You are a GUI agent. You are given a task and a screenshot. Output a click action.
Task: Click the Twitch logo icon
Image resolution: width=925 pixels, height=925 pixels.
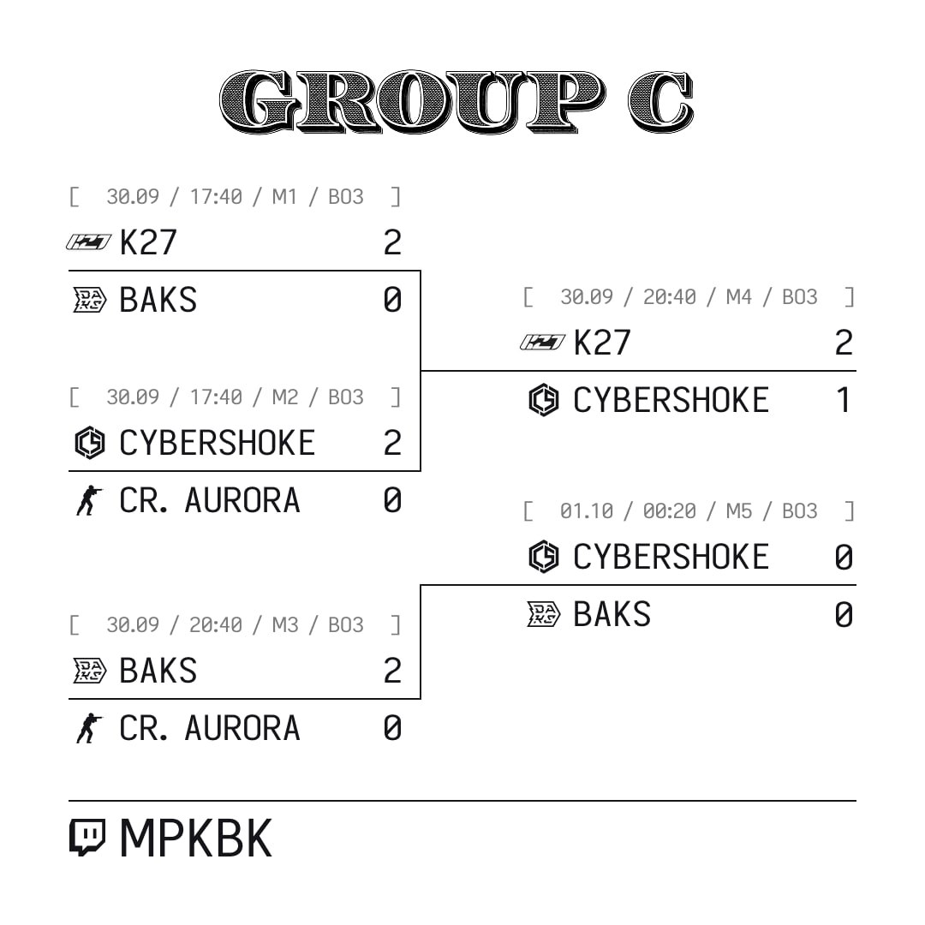point(87,837)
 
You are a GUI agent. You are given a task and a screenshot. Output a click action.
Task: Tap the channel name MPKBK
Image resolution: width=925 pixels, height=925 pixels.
point(196,838)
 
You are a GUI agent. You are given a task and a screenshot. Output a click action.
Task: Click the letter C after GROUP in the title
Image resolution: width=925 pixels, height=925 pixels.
point(660,101)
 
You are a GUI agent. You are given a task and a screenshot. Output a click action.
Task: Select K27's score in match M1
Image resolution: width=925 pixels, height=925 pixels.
point(392,242)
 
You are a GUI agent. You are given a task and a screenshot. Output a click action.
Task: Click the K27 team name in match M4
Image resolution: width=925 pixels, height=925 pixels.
point(602,343)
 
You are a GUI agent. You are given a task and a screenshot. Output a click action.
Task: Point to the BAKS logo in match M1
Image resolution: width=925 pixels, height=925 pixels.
point(89,300)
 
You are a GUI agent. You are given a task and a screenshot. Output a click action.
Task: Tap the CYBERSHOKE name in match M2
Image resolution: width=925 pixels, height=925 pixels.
point(217,443)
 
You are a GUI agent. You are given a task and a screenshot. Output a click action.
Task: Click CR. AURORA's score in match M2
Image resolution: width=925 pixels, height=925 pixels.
point(392,500)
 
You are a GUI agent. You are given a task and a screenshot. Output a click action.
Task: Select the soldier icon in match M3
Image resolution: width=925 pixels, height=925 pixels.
point(89,728)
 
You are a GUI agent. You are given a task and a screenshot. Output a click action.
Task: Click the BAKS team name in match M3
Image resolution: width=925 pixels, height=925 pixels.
point(158,671)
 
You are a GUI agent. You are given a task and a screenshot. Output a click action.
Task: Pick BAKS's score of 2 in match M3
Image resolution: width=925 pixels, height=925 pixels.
point(392,671)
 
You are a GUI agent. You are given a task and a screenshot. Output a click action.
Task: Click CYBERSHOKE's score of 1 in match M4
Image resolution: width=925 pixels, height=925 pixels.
point(844,400)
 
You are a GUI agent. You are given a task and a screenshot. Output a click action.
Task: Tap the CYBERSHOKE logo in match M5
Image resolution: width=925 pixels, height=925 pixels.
point(543,557)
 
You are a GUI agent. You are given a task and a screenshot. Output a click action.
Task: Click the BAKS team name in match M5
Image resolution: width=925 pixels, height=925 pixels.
point(612,614)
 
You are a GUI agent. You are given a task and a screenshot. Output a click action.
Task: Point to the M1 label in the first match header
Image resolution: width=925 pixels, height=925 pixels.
point(284,196)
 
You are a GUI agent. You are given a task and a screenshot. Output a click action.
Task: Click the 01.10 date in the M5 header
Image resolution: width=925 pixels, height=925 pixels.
point(587,510)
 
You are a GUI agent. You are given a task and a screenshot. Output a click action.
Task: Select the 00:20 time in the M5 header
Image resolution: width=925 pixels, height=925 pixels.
point(670,510)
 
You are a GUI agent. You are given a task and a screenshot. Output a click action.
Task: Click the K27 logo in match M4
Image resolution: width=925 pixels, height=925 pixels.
point(542,342)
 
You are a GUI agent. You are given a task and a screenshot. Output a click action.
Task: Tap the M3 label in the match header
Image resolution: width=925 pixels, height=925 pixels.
point(285,624)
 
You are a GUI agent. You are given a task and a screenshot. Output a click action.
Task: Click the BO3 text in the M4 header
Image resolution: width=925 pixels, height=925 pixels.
point(800,296)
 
